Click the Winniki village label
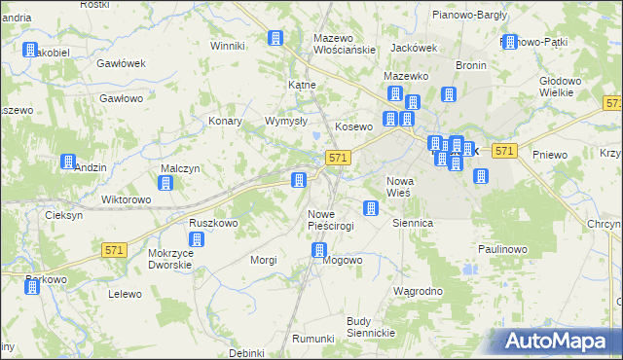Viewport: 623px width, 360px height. click(227, 46)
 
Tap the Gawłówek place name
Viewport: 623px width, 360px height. click(121, 63)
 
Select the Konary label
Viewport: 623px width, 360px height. click(226, 122)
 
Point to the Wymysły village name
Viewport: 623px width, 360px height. click(286, 122)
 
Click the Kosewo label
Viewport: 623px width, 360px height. click(354, 127)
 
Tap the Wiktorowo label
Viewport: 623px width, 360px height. click(127, 200)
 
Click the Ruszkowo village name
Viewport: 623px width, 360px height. click(213, 223)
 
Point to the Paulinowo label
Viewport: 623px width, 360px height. click(502, 249)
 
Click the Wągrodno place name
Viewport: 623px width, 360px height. click(418, 291)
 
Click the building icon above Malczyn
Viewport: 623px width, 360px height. click(165, 183)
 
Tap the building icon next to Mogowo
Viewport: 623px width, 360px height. click(319, 251)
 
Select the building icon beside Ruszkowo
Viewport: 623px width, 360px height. click(198, 239)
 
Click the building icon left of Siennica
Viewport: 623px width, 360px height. click(370, 207)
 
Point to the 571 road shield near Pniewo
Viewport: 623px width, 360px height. click(503, 151)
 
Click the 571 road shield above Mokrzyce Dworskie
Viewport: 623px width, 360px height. click(114, 250)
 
